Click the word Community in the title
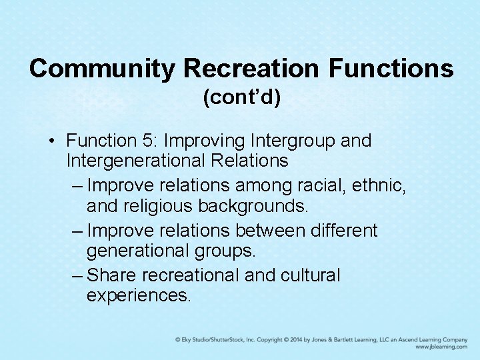(102, 68)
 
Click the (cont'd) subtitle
(241, 98)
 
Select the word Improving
(204, 141)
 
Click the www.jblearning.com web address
(441, 347)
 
